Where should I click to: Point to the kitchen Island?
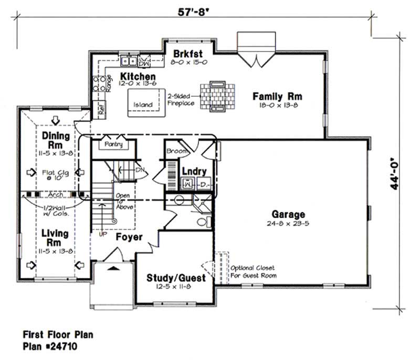pos(143,105)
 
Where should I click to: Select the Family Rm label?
pos(277,97)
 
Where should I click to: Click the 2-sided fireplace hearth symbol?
pos(216,96)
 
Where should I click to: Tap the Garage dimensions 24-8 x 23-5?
pos(288,223)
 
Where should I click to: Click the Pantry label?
pos(114,144)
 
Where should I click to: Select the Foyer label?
pos(129,237)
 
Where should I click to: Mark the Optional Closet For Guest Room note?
pos(253,271)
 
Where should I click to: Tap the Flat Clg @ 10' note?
pos(52,176)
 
